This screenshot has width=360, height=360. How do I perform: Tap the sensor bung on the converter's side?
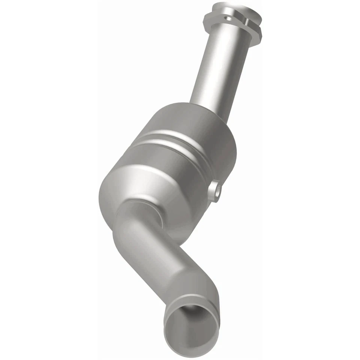[215, 190]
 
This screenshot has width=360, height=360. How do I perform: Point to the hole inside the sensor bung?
[217, 191]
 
